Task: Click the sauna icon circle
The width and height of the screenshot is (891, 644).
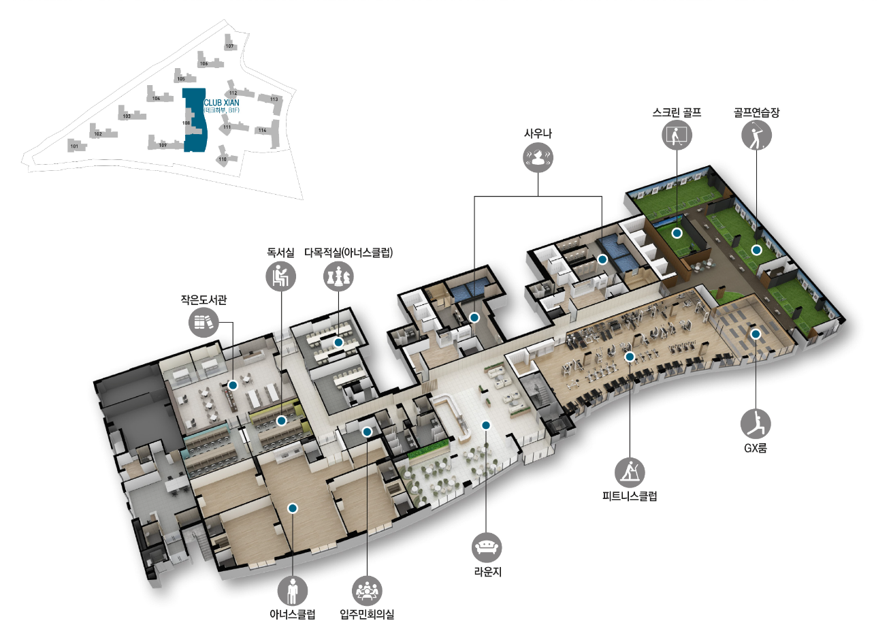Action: click(x=538, y=159)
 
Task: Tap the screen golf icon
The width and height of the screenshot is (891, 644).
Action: click(x=677, y=135)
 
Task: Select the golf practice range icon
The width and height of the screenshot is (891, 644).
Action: click(x=756, y=135)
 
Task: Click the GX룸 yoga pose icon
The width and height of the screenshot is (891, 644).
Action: click(x=756, y=423)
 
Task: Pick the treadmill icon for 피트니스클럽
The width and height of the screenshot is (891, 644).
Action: click(x=630, y=472)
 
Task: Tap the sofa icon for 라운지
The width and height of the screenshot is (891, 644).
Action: click(x=487, y=547)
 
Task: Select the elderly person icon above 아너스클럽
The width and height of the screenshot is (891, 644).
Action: click(x=293, y=591)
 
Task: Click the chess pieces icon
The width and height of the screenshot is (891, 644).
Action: click(x=339, y=276)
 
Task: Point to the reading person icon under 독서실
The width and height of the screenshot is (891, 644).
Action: click(x=281, y=276)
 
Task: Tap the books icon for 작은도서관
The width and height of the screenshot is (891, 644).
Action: click(x=204, y=321)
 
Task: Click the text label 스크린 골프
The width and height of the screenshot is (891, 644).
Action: click(x=677, y=113)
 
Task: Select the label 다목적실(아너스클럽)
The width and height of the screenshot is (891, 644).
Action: click(x=349, y=253)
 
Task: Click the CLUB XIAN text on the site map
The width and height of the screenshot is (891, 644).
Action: click(x=221, y=103)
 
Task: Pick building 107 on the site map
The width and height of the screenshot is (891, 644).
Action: click(x=230, y=46)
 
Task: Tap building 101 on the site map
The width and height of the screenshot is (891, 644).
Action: click(x=75, y=146)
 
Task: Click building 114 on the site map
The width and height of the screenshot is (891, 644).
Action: click(x=262, y=129)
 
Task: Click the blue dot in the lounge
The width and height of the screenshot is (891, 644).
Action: click(x=486, y=425)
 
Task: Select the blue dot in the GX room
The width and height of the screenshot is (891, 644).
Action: click(x=756, y=334)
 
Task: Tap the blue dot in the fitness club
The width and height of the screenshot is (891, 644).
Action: click(x=630, y=357)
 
